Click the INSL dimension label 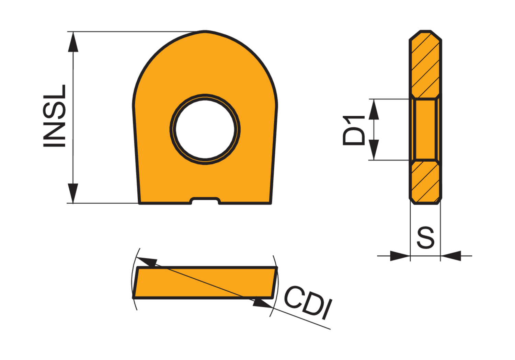(x=54, y=116)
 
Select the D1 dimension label (x=354, y=130)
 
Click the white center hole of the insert (x=205, y=129)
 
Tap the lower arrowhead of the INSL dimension (x=73, y=193)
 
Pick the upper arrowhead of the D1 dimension (x=374, y=109)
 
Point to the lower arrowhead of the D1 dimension (x=374, y=150)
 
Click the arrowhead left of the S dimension (x=400, y=256)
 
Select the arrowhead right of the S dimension (x=450, y=256)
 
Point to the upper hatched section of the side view (x=425, y=65)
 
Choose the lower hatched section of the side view (x=425, y=182)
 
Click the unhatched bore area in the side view (x=425, y=129)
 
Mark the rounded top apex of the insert (x=205, y=32)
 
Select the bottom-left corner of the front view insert (x=139, y=203)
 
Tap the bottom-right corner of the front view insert (x=271, y=203)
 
